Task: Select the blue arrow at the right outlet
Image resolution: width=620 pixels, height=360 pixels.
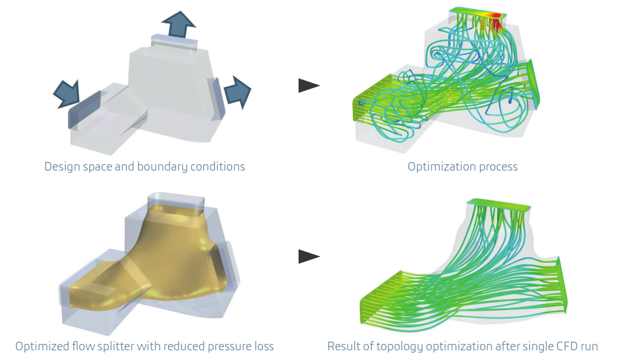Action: pyautogui.click(x=237, y=92)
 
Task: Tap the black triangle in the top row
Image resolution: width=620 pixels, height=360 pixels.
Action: pyautogui.click(x=309, y=85)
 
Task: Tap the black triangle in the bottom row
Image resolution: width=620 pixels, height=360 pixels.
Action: pyautogui.click(x=309, y=256)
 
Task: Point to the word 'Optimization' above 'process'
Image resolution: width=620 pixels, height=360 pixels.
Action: pyautogui.click(x=441, y=167)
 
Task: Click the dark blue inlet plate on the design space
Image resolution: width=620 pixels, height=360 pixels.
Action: pyautogui.click(x=84, y=109)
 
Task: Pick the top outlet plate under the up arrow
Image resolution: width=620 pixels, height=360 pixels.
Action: pyautogui.click(x=173, y=42)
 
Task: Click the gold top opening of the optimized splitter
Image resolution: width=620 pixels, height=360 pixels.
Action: pyautogui.click(x=175, y=212)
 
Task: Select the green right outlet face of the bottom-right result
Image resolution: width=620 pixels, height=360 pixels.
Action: pyautogui.click(x=562, y=284)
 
